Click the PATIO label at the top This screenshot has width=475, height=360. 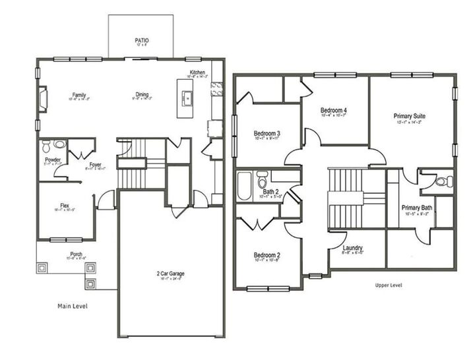coord(142,40)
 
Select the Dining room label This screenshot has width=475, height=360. coord(142,95)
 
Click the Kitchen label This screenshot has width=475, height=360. coord(197,73)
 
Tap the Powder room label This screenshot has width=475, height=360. coord(53,160)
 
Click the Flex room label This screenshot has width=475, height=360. coord(65,205)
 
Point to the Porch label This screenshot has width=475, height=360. coord(77,254)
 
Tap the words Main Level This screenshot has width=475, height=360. coord(72,306)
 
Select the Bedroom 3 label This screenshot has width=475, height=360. coord(267,133)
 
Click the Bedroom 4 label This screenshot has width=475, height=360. coord(334,109)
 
